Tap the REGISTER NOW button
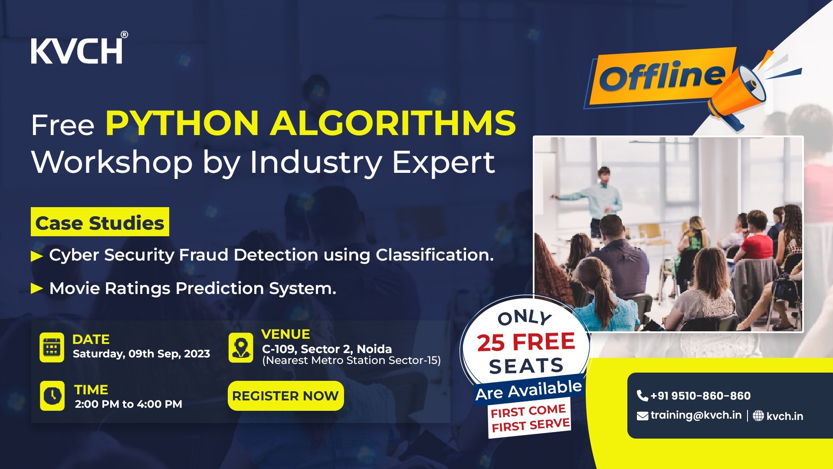click(x=285, y=396)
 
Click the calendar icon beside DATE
click(x=52, y=347)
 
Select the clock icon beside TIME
click(x=52, y=396)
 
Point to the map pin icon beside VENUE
click(x=241, y=347)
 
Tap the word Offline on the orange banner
click(x=662, y=76)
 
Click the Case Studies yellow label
click(x=100, y=222)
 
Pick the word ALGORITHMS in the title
click(x=393, y=123)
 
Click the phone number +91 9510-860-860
click(x=700, y=396)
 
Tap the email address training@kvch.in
click(x=695, y=415)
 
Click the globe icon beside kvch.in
click(x=758, y=416)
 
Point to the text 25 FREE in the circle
click(x=526, y=342)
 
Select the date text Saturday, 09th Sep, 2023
click(x=141, y=354)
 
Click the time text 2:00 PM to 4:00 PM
click(x=128, y=404)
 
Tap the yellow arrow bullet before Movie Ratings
click(x=37, y=289)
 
